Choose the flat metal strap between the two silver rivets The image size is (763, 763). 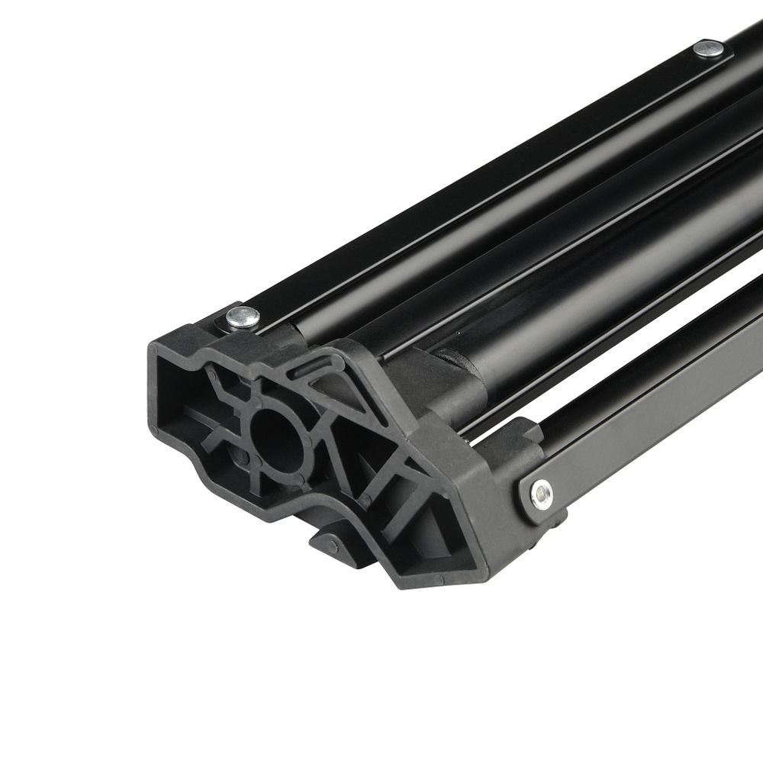[473, 183]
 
